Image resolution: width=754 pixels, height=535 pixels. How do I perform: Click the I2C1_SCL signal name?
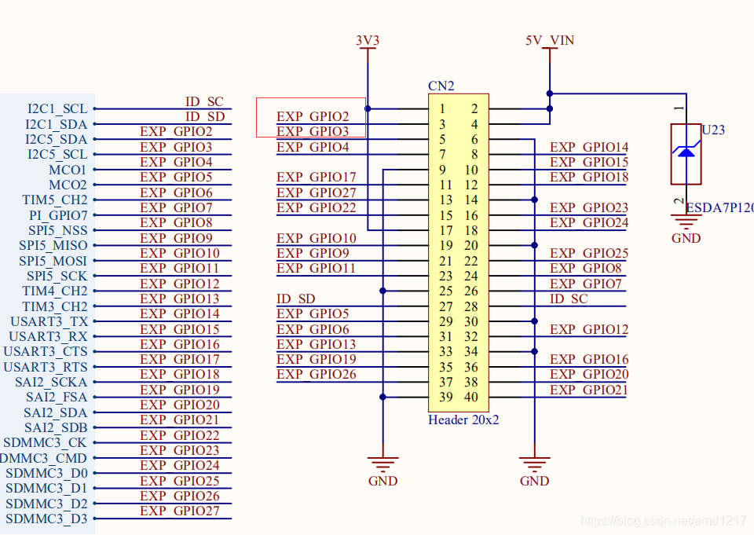pos(57,109)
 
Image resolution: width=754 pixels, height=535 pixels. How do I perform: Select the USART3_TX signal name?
pos(49,321)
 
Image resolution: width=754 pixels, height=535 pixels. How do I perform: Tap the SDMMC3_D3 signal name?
pos(46,519)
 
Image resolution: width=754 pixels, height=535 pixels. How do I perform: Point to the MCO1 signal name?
pos(68,170)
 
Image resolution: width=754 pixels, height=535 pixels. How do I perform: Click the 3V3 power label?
pos(368,40)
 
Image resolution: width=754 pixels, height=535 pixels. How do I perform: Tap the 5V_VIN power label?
pos(550,40)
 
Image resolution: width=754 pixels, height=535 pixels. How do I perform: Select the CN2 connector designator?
pos(441,86)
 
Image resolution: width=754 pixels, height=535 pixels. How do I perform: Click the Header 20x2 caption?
pos(463,420)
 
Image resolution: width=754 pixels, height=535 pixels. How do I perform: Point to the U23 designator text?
pos(713,130)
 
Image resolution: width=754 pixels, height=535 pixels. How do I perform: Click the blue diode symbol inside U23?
pos(686,151)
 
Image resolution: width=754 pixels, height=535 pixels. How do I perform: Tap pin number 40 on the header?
pos(471,397)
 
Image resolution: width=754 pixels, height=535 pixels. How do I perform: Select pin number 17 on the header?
pos(446,231)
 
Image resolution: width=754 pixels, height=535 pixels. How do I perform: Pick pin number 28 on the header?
pos(471,306)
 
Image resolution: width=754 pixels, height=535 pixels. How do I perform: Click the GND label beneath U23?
pos(686,238)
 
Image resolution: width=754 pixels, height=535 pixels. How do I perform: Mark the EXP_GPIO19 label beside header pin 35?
pos(316,359)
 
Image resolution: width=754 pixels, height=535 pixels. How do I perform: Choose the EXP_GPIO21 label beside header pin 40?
pos(589,390)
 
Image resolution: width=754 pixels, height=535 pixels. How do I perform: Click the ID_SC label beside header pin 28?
pos(569,299)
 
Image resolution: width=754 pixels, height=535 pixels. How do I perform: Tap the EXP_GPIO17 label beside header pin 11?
pos(316,178)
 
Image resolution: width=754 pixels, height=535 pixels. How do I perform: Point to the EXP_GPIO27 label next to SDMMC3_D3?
pos(180,511)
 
